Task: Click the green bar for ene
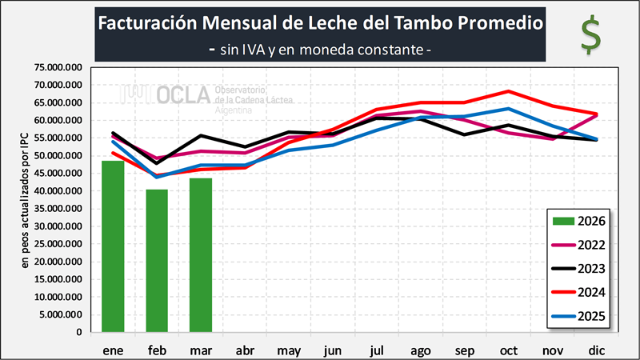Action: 113,246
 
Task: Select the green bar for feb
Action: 157,261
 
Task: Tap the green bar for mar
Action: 201,255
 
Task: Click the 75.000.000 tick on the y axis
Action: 58,67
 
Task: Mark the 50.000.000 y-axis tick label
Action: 58,156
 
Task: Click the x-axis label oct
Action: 507,350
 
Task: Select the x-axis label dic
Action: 595,350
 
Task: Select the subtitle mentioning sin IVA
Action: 320,50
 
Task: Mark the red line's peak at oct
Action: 508,91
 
